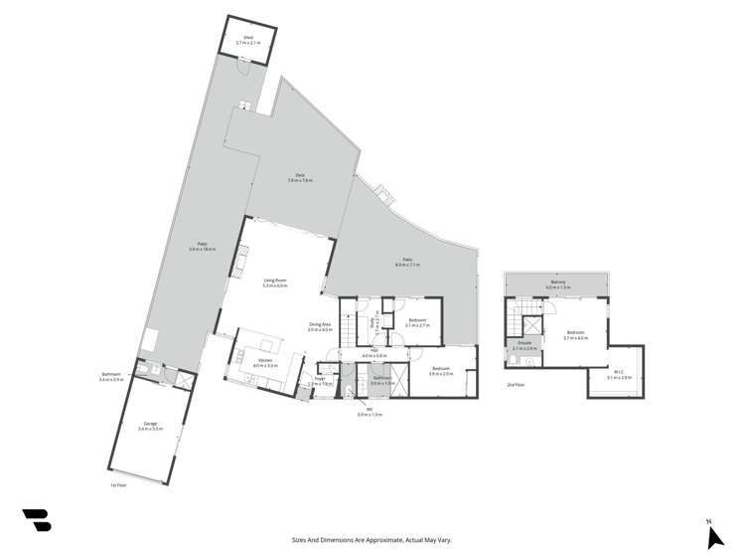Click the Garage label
tap(150, 424)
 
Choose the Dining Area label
tap(320, 324)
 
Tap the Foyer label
tap(319, 379)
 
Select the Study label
tap(372, 322)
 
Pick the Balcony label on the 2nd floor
tap(557, 282)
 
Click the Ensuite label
tap(524, 345)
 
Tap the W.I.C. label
tap(618, 373)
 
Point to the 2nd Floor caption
tap(515, 384)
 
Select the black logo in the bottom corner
tap(36, 520)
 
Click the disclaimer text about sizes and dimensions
tap(372, 540)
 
